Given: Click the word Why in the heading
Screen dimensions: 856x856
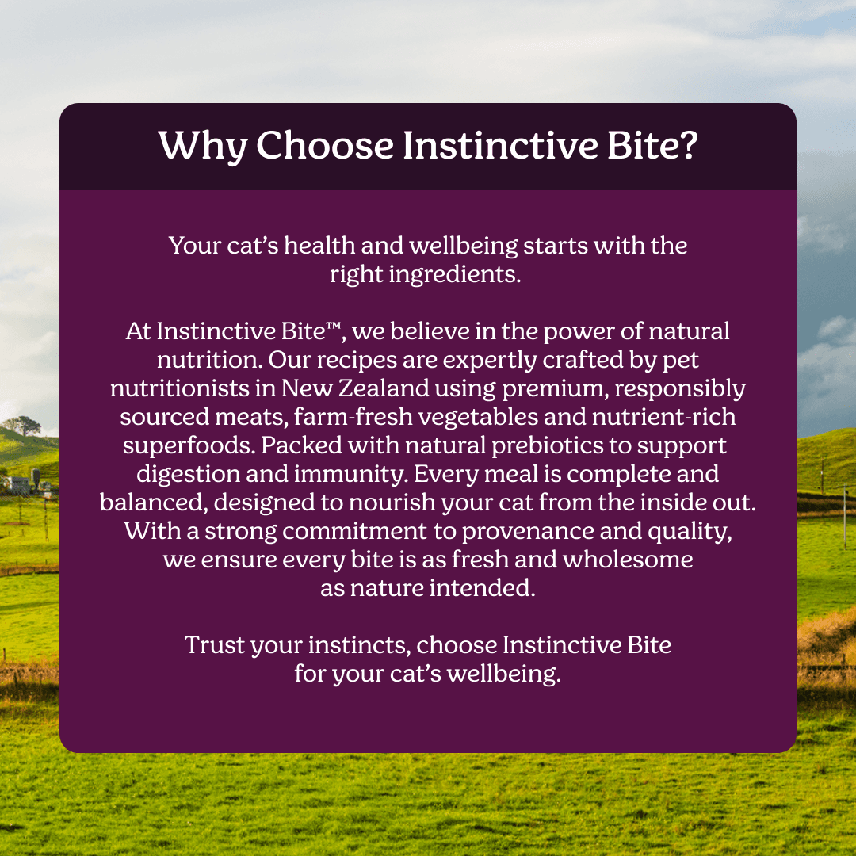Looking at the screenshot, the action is [x=203, y=147].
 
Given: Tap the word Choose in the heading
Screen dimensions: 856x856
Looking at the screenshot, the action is [x=325, y=145].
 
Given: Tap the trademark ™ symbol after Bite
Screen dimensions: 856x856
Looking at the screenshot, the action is [x=334, y=327].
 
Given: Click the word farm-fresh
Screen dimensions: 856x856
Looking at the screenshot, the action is [x=353, y=417].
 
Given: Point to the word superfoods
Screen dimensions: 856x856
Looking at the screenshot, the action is [x=189, y=446].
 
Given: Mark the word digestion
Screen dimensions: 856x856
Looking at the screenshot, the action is [x=189, y=475].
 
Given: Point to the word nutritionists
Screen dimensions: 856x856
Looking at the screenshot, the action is [x=180, y=388].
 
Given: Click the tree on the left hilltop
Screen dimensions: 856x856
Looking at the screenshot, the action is [x=22, y=426].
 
